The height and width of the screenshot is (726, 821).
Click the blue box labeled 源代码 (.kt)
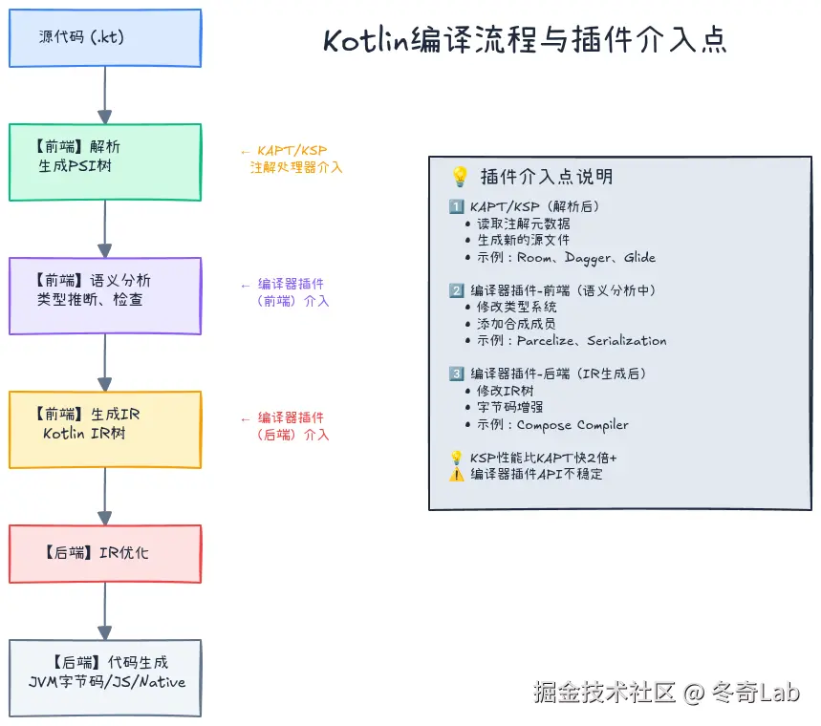coord(105,38)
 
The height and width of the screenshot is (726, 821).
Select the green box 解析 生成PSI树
coord(105,162)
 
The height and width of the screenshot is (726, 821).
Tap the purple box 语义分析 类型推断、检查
coord(105,296)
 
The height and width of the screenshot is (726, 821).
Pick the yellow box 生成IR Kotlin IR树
coord(105,430)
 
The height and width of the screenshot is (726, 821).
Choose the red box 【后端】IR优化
coord(105,554)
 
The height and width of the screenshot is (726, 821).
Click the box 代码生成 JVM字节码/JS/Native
coord(105,677)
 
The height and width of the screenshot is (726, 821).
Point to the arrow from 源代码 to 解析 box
coord(105,96)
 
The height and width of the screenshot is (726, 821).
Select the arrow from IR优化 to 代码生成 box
coord(105,611)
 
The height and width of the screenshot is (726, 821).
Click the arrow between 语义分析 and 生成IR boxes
coord(105,363)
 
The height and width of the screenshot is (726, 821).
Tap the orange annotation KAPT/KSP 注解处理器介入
coord(292,159)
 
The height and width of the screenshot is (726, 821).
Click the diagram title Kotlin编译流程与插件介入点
coord(525,40)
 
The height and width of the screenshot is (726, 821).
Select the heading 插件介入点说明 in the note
coord(547,177)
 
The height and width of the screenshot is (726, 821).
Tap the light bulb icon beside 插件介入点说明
coord(460,177)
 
